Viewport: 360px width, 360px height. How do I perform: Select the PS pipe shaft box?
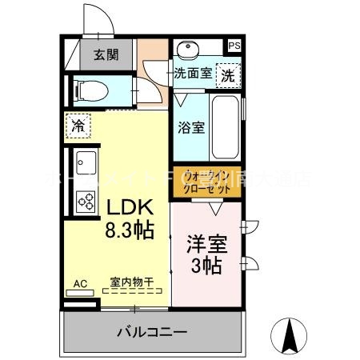[x=234, y=46]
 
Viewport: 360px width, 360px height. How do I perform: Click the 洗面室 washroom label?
[x=193, y=73]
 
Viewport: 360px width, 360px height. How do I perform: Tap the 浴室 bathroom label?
[x=189, y=126]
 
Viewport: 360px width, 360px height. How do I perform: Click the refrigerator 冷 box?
[x=78, y=125]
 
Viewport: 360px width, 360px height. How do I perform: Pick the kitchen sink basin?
[x=85, y=163]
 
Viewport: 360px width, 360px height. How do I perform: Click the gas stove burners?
[x=85, y=200]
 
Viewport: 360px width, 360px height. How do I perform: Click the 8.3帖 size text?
[x=128, y=233]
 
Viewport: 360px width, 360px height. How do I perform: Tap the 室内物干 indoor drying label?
[x=132, y=282]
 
